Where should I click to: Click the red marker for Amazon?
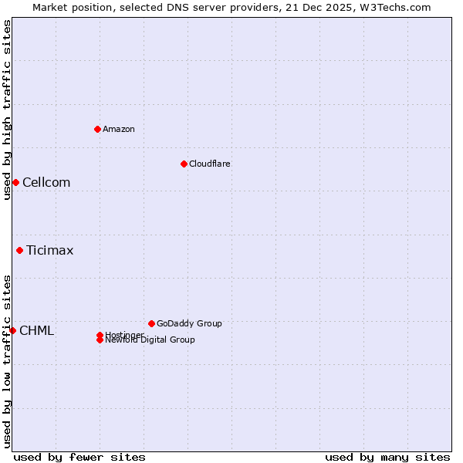tap(97, 129)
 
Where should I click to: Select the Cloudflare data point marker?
tap(184, 164)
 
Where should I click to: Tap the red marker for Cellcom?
tap(15, 182)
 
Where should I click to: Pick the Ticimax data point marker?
tap(19, 250)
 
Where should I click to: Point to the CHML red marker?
tap(12, 330)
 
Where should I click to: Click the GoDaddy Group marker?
tap(151, 323)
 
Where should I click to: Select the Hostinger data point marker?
tap(100, 335)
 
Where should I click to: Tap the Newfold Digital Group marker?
tap(100, 340)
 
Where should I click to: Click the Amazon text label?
tap(119, 129)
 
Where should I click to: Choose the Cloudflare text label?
tap(210, 164)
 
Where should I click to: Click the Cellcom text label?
tap(46, 182)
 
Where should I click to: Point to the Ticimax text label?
tap(50, 250)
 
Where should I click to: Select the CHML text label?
tap(36, 330)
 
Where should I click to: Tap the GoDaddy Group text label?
tap(189, 323)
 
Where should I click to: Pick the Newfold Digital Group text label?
tap(150, 340)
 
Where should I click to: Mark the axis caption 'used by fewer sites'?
tap(79, 457)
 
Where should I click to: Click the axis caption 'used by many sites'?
tap(387, 457)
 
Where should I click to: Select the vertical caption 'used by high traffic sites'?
tap(7, 110)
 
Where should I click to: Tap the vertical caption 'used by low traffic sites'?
tap(7, 361)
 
